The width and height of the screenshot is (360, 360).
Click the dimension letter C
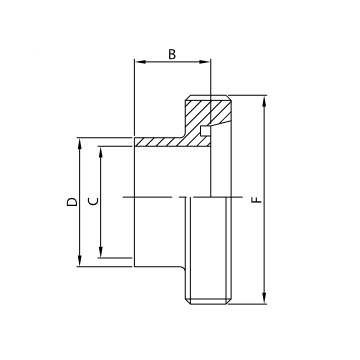(x=93, y=202)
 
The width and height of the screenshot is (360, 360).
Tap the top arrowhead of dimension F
(x=265, y=100)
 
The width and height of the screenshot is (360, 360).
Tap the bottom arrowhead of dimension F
(x=265, y=298)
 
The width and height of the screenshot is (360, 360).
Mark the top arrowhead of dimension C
(x=102, y=153)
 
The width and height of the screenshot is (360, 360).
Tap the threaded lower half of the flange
(x=209, y=250)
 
